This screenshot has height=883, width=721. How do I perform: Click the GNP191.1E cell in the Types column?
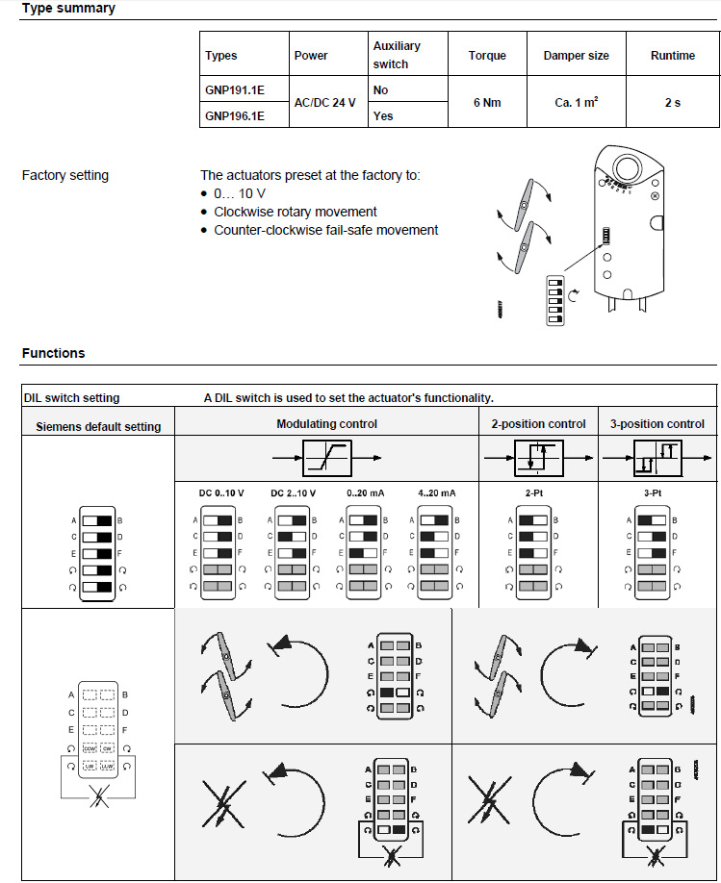[x=234, y=89]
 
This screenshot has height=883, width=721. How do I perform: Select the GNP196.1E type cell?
[x=234, y=115]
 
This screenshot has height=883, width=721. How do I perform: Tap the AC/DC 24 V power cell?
[x=324, y=102]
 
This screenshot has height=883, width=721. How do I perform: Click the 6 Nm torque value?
[x=486, y=102]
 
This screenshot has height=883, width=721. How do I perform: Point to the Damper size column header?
[x=576, y=56]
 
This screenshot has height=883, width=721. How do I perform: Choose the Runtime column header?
[x=672, y=56]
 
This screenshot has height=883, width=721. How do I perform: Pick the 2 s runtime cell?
[x=672, y=102]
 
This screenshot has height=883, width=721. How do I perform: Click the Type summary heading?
[x=68, y=9]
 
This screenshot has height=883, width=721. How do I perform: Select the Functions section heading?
[x=54, y=353]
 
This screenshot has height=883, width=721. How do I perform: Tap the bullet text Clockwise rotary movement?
[x=296, y=212]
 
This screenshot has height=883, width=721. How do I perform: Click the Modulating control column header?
[x=326, y=423]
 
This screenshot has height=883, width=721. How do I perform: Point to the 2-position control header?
[x=539, y=423]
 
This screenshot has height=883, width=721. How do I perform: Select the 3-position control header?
[x=657, y=423]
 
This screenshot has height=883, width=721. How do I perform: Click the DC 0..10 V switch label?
[x=221, y=493]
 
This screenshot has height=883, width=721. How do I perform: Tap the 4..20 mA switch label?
[x=438, y=493]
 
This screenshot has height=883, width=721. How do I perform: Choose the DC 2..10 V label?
[x=294, y=493]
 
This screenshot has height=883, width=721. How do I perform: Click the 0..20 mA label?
[x=366, y=493]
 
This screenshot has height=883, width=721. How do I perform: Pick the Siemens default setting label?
[x=98, y=426]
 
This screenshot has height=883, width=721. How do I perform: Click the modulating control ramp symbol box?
[x=327, y=458]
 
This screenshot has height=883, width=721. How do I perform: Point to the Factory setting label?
[x=65, y=176]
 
